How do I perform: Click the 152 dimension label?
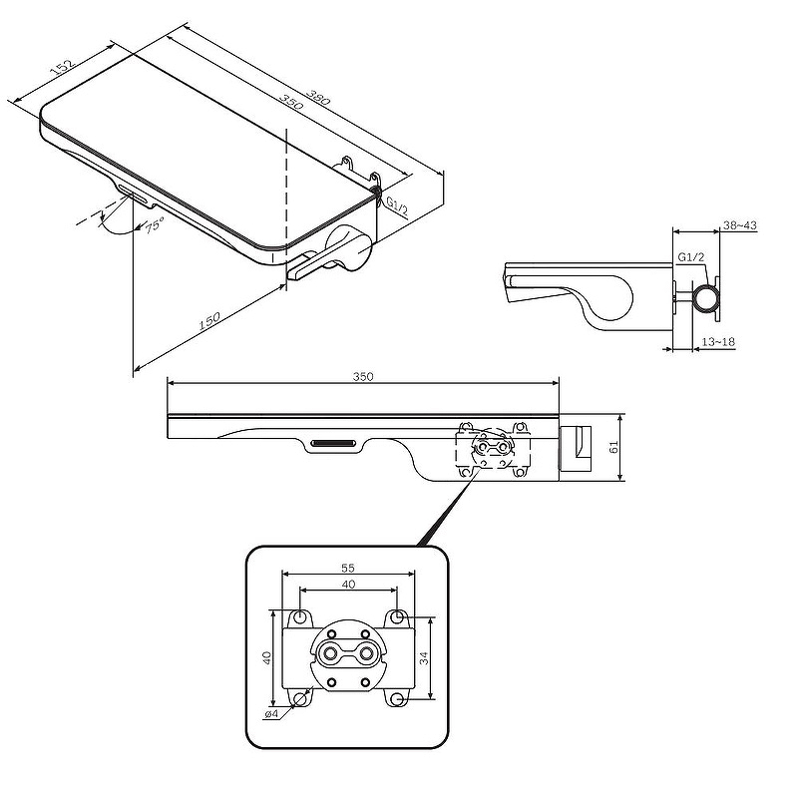click(63, 66)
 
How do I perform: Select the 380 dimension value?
click(318, 97)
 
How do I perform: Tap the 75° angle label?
click(155, 225)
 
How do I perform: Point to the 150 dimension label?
click(209, 320)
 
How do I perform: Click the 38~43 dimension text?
click(739, 225)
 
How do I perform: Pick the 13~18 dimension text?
click(718, 342)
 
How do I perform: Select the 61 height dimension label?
click(613, 447)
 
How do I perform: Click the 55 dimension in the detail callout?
click(348, 568)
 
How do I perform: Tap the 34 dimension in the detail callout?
click(424, 658)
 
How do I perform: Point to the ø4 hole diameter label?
click(271, 714)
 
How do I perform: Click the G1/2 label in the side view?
click(690, 257)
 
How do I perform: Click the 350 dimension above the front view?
click(363, 377)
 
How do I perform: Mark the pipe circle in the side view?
click(708, 297)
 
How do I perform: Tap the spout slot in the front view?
click(333, 443)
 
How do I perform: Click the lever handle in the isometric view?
click(330, 254)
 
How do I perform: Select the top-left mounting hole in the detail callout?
click(300, 616)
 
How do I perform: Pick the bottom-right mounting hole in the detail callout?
click(398, 700)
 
